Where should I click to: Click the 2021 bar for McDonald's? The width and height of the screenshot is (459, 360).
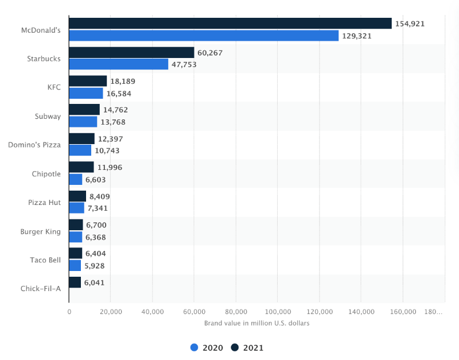pos(229,24)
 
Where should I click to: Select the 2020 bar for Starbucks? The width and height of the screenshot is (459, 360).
pos(118,64)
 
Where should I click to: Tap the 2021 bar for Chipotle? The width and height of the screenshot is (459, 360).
pos(81,167)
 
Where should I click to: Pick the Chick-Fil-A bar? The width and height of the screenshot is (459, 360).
pos(75,282)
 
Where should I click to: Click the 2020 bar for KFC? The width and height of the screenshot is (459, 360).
pos(85,93)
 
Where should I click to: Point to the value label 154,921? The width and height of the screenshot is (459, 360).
pos(410,24)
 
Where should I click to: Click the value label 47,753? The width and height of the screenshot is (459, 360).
pos(184,64)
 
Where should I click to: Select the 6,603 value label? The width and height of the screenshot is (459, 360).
pos(95,179)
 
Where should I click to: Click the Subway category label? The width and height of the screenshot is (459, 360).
pos(48,116)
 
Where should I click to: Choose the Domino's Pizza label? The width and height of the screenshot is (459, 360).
pos(34,145)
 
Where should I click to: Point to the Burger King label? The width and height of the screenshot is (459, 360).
pos(40,231)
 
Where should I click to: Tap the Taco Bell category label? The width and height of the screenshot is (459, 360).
pos(45,260)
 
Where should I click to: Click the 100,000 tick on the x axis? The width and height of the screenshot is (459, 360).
pos(277,312)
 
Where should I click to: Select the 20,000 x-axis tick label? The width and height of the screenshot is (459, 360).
pos(110,312)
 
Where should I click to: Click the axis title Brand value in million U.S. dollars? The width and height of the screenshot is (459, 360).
pos(256,323)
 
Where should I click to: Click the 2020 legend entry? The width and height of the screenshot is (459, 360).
pos(206,347)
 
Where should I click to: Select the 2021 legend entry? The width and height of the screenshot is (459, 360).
pos(247,347)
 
